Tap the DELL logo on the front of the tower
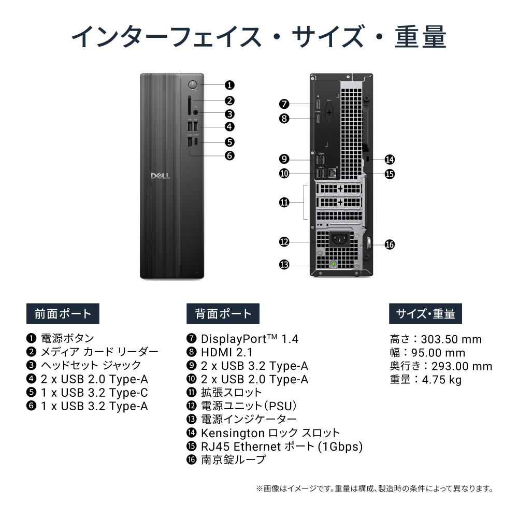(x=157, y=176)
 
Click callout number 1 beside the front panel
(x=229, y=85)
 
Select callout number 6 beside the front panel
(x=229, y=155)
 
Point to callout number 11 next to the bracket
(x=284, y=203)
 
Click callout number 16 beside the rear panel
(x=390, y=244)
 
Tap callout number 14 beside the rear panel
(x=390, y=160)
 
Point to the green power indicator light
(x=334, y=264)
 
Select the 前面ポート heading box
(x=63, y=313)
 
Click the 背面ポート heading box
(x=223, y=313)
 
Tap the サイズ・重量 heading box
(x=425, y=313)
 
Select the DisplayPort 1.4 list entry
(x=249, y=339)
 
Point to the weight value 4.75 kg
(x=441, y=380)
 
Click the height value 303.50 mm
(x=451, y=339)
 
